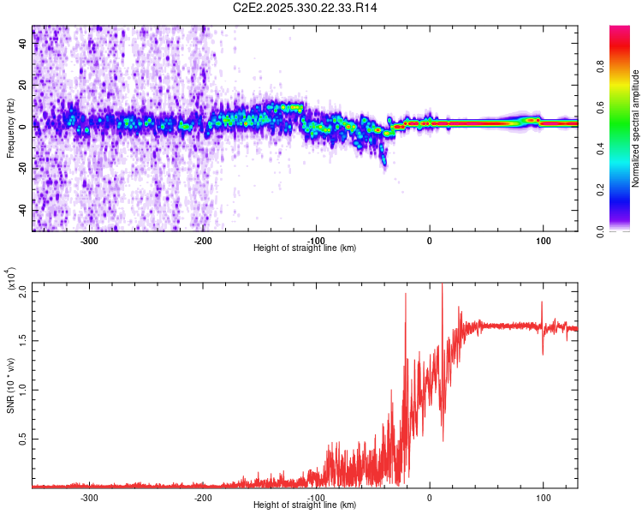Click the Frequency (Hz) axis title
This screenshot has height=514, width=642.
click(x=10, y=128)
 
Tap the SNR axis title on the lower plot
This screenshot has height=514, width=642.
click(x=10, y=385)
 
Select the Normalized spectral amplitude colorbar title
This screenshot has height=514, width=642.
click(x=636, y=128)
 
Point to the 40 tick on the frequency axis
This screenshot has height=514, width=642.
click(x=24, y=45)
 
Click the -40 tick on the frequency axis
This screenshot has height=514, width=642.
click(x=22, y=210)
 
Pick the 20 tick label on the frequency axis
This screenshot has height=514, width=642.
click(x=24, y=86)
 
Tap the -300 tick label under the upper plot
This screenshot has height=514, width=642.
click(x=90, y=241)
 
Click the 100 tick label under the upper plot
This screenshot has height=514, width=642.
click(x=543, y=241)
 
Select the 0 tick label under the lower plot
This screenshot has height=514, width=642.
click(x=430, y=498)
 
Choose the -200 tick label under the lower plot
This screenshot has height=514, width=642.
click(x=203, y=498)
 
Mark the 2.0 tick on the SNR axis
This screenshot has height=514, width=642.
click(x=24, y=291)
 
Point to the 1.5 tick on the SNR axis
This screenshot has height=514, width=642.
click(x=24, y=340)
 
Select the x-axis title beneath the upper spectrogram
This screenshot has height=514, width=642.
click(x=305, y=248)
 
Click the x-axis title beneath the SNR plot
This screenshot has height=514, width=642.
click(x=305, y=505)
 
